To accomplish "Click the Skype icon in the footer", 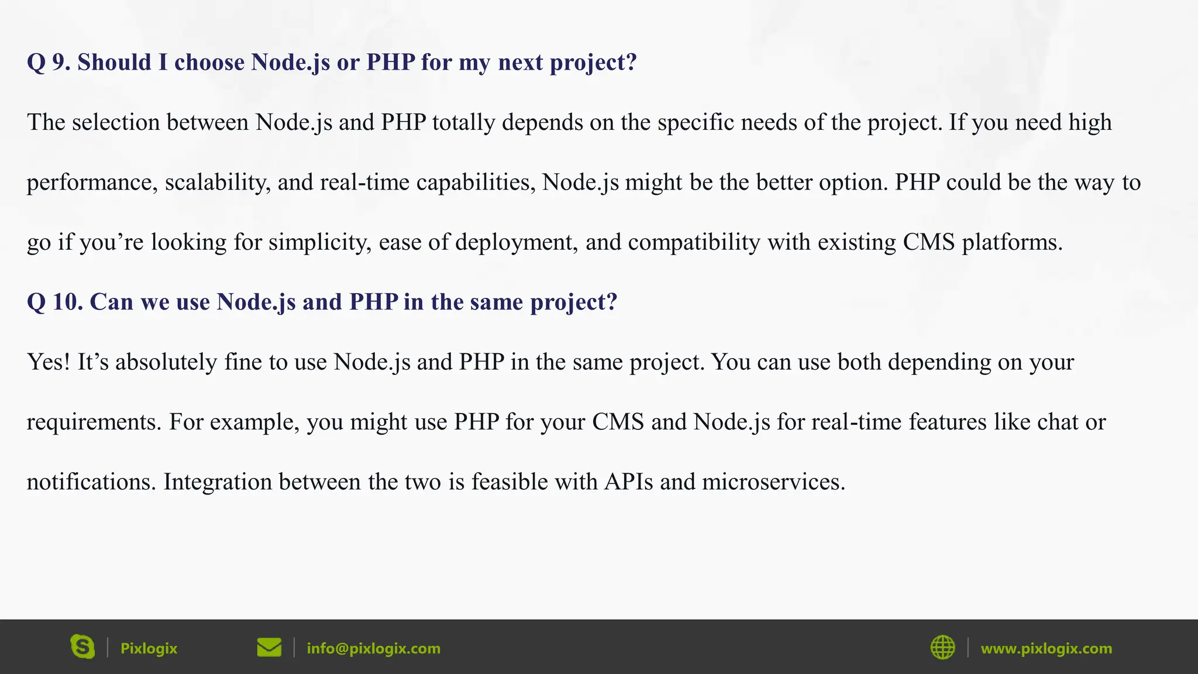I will [82, 647].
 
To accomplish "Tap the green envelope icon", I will [269, 648].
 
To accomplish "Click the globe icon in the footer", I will [942, 648].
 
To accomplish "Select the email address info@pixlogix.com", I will [373, 648].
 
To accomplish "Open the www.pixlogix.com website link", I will [1046, 648].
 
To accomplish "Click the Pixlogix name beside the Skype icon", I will [149, 648].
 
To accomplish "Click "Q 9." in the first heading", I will [49, 62].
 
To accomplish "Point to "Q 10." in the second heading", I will [54, 302].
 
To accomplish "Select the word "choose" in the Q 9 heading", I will [209, 62].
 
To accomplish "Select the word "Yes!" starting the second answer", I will [49, 362].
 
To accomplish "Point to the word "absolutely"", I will [166, 362].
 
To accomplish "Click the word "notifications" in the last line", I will [91, 482].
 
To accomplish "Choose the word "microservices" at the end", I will [773, 482].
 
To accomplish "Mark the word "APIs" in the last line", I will [628, 482].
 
